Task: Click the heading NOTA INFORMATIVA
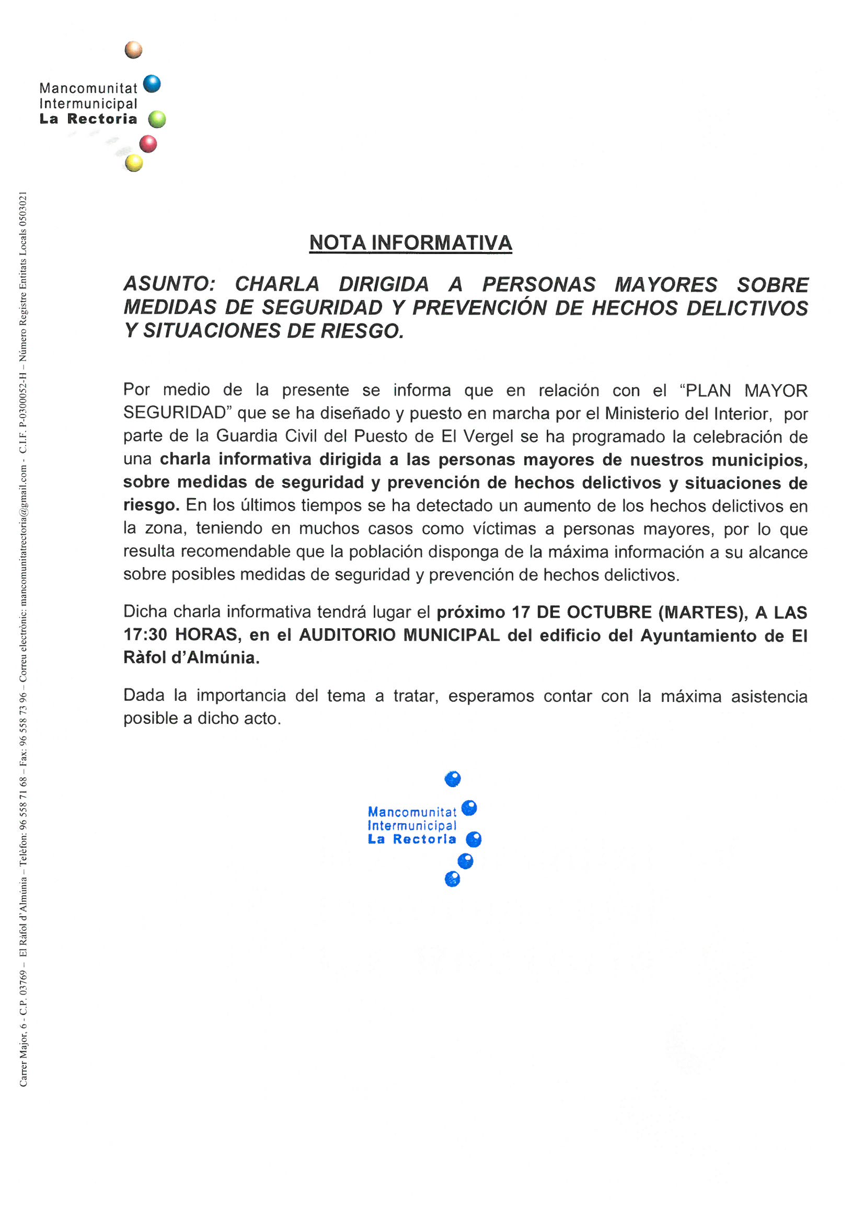coord(410,243)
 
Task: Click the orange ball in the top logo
coord(134,50)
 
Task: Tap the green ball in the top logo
coord(157,120)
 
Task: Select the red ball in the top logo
coord(148,144)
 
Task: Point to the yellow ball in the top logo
coord(134,163)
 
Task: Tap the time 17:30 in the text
coord(145,635)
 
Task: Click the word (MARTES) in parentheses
coord(702,613)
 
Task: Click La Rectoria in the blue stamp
coord(412,839)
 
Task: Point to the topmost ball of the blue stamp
coord(453,779)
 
